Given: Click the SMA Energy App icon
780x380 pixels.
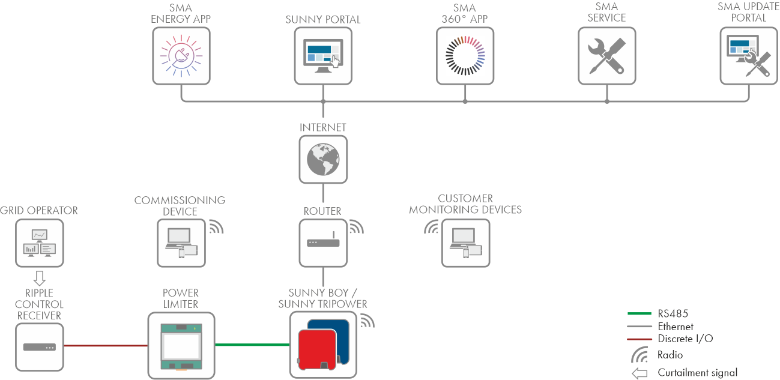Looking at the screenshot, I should [x=181, y=56].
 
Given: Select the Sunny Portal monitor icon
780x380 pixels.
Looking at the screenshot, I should [x=322, y=56].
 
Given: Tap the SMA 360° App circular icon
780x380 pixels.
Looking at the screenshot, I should [x=465, y=56].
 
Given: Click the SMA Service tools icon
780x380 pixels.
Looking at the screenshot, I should [x=606, y=56].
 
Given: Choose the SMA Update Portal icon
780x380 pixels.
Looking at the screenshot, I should [x=748, y=56].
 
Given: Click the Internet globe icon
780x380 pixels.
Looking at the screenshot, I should [x=323, y=159].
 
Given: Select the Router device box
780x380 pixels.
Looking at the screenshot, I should [x=323, y=243].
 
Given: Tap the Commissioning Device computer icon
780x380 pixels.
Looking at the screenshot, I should [x=181, y=243].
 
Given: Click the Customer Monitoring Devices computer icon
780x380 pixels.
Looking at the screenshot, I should [x=465, y=243].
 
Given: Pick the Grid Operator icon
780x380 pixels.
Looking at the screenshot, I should [x=39, y=242].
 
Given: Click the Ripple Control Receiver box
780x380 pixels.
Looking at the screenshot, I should [x=39, y=346].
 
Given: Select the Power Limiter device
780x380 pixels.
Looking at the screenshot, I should [x=181, y=345].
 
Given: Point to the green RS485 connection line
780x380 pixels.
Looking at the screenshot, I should [x=252, y=345].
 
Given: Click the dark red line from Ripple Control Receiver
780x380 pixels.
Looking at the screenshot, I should [x=105, y=346].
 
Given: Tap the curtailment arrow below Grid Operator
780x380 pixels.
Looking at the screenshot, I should [x=39, y=277].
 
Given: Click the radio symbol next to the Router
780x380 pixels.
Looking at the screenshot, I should [x=356, y=227].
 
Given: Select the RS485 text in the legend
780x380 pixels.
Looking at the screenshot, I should [x=673, y=313].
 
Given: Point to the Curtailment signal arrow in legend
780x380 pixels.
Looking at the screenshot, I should [x=639, y=373].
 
